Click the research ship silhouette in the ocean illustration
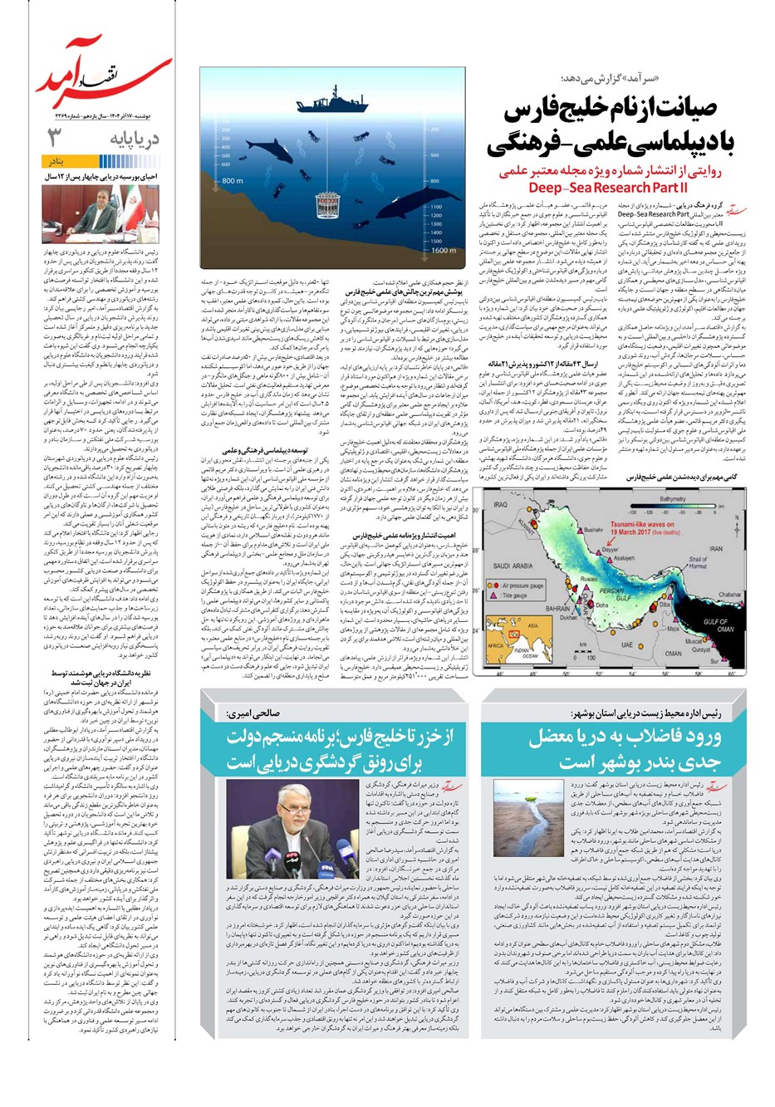(x=328, y=103)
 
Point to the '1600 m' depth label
(x=444, y=250)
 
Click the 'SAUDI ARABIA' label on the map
(x=513, y=566)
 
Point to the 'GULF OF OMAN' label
(x=719, y=625)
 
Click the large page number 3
(x=55, y=138)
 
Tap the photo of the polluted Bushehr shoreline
(x=520, y=818)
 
